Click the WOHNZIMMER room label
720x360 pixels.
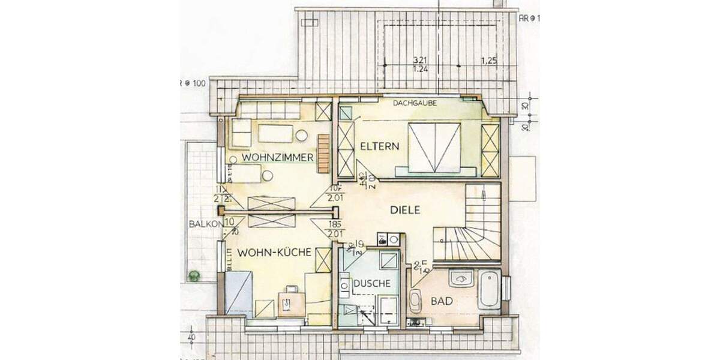click(278, 158)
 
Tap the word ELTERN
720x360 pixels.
click(376, 146)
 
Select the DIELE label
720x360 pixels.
click(405, 210)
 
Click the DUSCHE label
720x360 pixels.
click(372, 283)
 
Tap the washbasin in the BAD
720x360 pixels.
click(461, 279)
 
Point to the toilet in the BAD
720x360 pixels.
click(416, 301)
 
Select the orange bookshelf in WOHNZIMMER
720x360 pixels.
click(324, 153)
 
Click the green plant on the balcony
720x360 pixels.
click(194, 275)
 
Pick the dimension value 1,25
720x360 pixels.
click(490, 61)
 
